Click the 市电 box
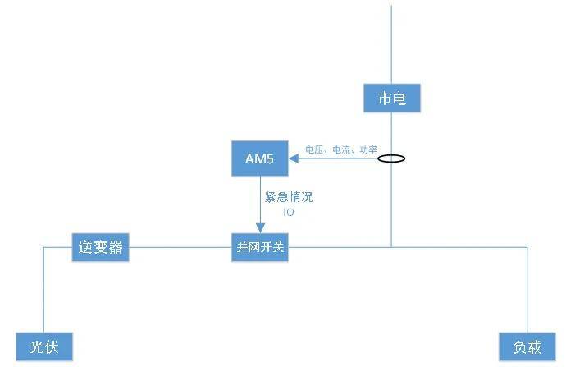click(392, 98)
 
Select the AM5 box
click(260, 158)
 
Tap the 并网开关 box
click(260, 247)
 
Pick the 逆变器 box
click(100, 247)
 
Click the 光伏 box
click(44, 346)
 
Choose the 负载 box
click(527, 346)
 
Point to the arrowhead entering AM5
click(294, 158)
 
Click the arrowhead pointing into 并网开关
click(260, 228)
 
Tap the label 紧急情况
click(289, 197)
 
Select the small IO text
click(289, 212)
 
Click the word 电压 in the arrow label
click(314, 149)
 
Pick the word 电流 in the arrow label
click(341, 149)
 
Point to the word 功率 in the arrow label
click(368, 149)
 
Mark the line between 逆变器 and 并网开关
click(180, 247)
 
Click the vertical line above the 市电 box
click(391, 44)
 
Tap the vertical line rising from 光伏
click(44, 290)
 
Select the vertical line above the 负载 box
click(527, 290)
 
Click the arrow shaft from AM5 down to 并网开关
click(260, 200)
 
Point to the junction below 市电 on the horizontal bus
click(391, 247)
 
